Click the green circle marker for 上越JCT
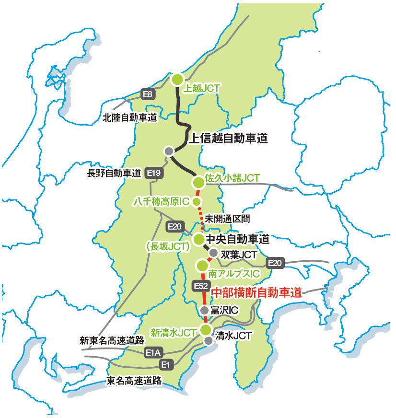click(177, 79)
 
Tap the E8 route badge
click(148, 94)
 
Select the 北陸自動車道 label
click(130, 117)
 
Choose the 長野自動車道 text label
click(114, 173)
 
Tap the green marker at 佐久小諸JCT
click(198, 182)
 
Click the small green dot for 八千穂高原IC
click(197, 201)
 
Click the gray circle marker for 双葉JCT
click(213, 253)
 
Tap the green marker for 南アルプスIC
click(202, 265)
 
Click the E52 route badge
click(200, 286)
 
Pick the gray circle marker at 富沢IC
click(204, 310)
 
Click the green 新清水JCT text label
click(173, 332)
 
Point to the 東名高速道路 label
click(133, 381)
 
